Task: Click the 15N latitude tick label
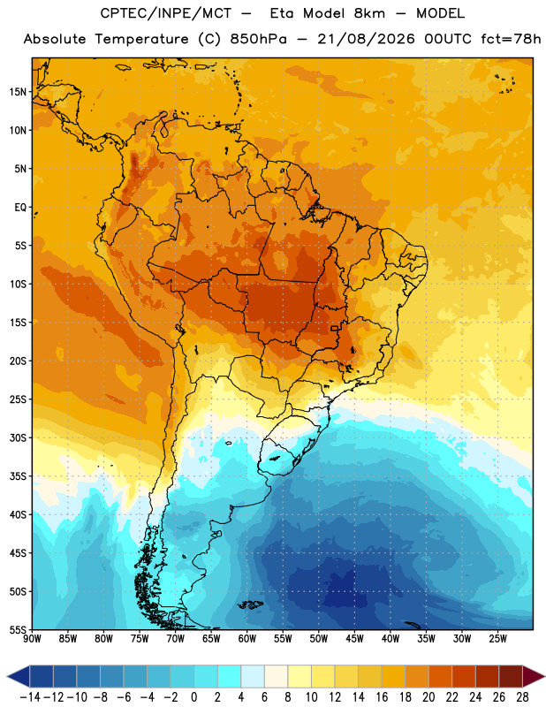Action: [18, 92]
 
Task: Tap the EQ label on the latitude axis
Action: [20, 208]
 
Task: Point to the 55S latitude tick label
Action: [18, 629]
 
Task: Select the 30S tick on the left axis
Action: [18, 437]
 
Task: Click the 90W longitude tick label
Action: [32, 639]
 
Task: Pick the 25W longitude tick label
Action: [497, 639]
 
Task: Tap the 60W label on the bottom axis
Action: [247, 639]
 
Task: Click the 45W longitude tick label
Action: [354, 639]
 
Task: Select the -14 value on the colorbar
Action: [30, 697]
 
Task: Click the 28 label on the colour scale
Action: [522, 697]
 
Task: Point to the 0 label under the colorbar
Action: [194, 697]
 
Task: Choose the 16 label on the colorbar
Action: [382, 697]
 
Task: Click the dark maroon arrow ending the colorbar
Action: [533, 676]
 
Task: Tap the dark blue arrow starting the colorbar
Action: [19, 676]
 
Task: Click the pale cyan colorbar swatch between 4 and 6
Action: [253, 676]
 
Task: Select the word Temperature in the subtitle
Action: [141, 39]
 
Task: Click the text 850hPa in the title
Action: [258, 39]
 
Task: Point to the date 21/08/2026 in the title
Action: [366, 39]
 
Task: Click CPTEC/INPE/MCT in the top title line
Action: [166, 13]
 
